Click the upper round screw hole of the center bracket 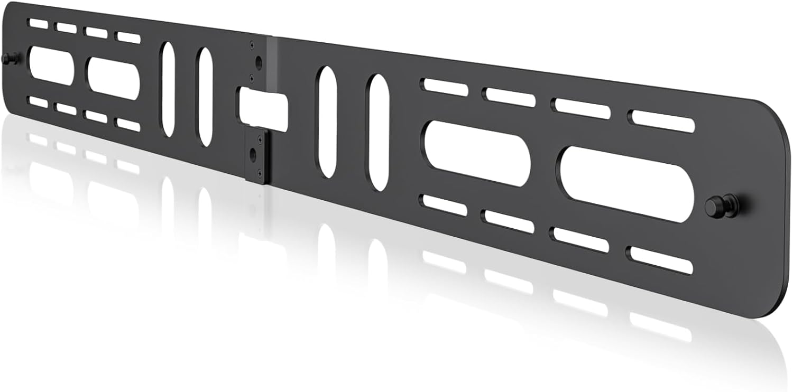(x=258, y=63)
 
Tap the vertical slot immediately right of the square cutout (x=326, y=121)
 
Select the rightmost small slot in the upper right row (x=661, y=122)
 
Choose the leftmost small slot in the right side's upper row (x=445, y=86)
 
